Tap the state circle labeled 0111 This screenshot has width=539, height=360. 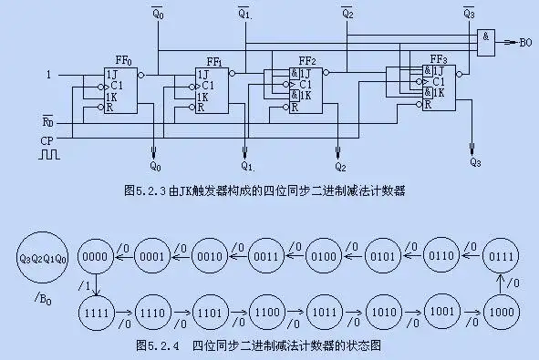501,255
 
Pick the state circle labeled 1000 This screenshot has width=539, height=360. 501,312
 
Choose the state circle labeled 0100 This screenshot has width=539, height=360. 324,255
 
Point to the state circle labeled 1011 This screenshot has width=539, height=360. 324,312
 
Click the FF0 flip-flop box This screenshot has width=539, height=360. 120,90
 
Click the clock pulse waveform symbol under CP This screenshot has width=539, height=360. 49,156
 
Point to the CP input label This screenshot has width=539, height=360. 47,140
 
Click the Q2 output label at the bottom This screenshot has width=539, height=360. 339,168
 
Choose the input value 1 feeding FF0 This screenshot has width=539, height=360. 50,73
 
